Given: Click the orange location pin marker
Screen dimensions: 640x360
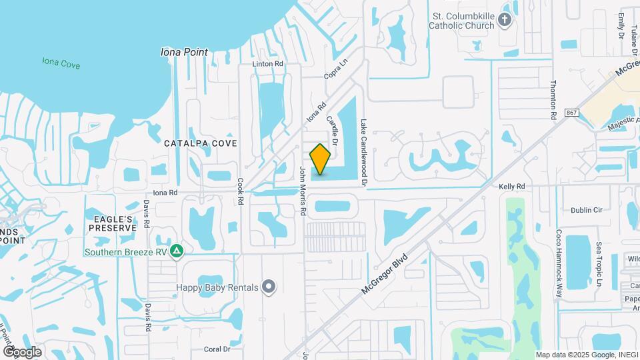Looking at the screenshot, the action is click(x=321, y=159).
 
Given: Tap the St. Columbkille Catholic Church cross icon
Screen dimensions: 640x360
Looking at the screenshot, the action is click(x=505, y=20).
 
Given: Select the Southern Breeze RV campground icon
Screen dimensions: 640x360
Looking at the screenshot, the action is click(x=177, y=251).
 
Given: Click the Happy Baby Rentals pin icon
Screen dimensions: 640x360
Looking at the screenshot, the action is click(x=269, y=287).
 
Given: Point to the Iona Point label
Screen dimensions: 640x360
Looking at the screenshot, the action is click(x=185, y=52).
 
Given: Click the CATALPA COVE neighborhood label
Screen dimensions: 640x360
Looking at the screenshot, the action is click(x=201, y=143).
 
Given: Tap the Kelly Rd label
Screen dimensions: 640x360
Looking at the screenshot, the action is click(x=512, y=187).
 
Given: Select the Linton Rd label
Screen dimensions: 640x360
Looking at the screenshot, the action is click(x=268, y=64).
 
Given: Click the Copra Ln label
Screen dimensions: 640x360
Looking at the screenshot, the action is click(x=336, y=71).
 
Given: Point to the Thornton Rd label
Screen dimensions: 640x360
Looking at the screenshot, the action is click(x=553, y=99).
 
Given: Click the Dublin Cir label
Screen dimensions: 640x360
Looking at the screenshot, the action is click(x=587, y=209).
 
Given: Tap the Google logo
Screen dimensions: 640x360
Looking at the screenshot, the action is click(x=22, y=351).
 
